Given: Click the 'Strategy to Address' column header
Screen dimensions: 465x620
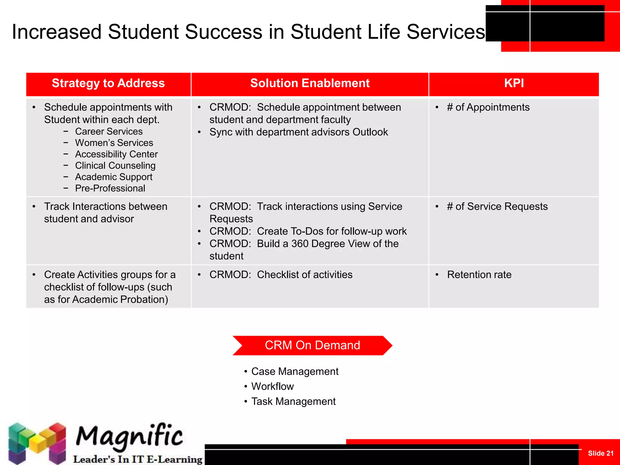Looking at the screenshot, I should point(108,83).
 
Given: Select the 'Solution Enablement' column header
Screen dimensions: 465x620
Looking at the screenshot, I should point(310,83).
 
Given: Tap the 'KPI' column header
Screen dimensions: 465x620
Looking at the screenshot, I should point(514,83).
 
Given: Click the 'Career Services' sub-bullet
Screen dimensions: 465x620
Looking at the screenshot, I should point(109,131).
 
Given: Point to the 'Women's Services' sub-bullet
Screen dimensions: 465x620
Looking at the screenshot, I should point(114,143).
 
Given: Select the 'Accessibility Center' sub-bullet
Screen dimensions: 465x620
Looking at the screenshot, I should point(116,154).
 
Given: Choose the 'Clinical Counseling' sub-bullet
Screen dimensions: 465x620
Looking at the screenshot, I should point(115,166).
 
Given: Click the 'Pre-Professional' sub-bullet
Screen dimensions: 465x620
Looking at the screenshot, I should point(110,188).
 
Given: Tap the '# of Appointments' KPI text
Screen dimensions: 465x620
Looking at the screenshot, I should point(488,107).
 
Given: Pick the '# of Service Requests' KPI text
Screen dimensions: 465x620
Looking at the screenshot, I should point(497,206).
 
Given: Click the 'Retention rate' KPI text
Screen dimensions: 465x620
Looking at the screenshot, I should point(479,275).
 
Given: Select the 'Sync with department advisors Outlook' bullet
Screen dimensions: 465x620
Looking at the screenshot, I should point(298,132).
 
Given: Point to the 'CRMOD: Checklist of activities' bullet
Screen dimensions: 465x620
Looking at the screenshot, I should point(281,275).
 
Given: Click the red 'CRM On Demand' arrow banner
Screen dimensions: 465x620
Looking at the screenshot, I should point(312,345).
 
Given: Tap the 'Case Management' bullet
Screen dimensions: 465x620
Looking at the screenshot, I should point(295,371).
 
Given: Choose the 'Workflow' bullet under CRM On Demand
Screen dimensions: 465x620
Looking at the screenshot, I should point(272,387).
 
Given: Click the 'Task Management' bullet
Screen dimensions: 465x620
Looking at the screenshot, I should point(293,401).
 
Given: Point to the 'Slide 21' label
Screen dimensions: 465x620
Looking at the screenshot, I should point(600,453).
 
